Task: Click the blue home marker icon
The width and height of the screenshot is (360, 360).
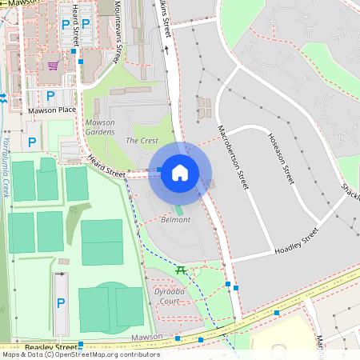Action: (180, 172)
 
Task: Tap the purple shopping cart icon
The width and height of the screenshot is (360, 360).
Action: (53, 66)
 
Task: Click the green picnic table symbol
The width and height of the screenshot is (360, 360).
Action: (181, 270)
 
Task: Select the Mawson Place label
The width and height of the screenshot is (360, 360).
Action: (51, 110)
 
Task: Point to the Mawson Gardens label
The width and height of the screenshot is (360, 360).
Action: (100, 127)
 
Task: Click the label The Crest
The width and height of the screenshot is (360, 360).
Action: (142, 140)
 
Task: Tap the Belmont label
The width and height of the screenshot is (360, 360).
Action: (176, 219)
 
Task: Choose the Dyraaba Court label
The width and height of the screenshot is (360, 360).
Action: (169, 296)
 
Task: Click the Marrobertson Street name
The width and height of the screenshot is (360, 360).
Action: (233, 157)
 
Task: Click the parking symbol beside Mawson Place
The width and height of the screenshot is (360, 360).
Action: (50, 95)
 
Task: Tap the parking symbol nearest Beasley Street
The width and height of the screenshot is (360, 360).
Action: (60, 303)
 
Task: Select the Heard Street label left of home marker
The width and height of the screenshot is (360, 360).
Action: (107, 166)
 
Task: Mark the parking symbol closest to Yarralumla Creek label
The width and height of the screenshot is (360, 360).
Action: (32, 142)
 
